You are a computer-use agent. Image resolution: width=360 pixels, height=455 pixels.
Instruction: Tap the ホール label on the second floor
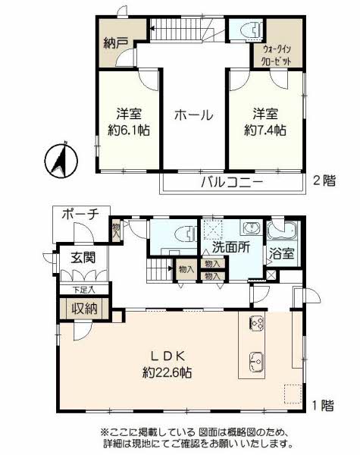pos(194,115)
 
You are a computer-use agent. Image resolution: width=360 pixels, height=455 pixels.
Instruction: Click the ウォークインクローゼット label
pos(276,55)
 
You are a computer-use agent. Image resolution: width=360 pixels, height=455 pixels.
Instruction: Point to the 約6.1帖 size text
pos(129,130)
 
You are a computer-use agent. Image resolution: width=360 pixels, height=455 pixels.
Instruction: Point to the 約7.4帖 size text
pos(265,130)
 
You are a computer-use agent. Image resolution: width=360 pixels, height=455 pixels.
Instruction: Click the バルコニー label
pos(232,183)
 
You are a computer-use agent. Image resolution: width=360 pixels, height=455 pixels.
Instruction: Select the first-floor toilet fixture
pos(186,234)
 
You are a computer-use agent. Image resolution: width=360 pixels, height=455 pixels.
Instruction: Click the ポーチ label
pos(80,215)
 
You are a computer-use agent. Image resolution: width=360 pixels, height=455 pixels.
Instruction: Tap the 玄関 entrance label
pos(83,257)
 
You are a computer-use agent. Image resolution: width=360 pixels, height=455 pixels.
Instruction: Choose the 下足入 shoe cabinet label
pos(84,290)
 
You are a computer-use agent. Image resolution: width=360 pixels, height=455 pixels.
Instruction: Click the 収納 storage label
pos(84,309)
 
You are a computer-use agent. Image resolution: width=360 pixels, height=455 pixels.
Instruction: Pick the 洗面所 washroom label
pos(231,247)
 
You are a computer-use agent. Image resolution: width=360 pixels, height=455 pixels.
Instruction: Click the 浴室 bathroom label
pos(282,253)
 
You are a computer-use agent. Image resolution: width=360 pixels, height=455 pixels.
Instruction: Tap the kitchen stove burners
pos(257,322)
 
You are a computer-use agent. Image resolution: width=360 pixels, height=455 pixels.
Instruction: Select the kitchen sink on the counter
pos(257,362)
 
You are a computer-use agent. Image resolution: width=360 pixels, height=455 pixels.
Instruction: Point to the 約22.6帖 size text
pos(167,372)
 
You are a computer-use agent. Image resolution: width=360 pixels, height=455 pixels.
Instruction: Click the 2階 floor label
pos(324,181)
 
